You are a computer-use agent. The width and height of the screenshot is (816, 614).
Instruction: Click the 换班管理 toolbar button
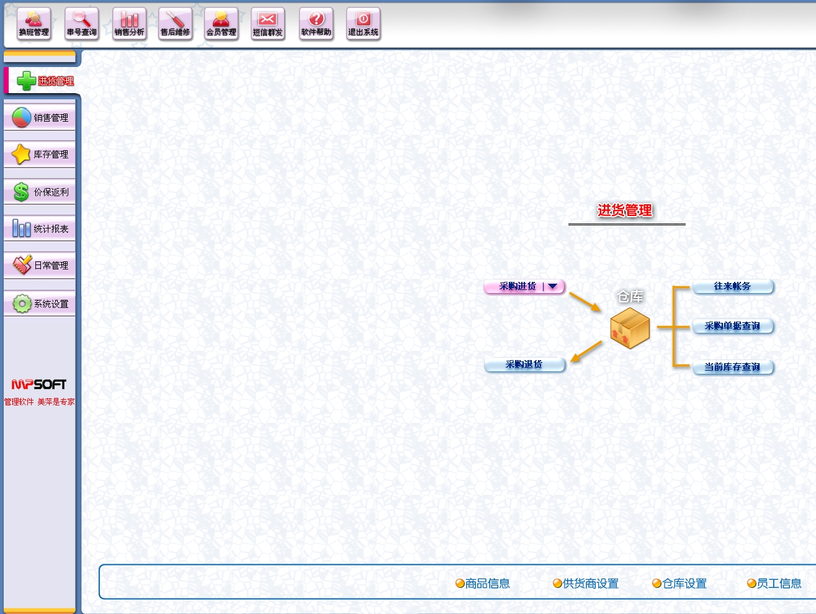click(34, 24)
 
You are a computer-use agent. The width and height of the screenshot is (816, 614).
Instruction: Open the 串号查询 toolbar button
click(82, 24)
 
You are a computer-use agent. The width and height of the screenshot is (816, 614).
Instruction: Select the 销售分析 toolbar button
click(129, 24)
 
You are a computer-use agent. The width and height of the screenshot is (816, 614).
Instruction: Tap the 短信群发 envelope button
click(267, 24)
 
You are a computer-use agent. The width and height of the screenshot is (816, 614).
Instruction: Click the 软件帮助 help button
click(316, 24)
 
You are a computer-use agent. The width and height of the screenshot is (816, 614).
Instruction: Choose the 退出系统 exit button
click(363, 24)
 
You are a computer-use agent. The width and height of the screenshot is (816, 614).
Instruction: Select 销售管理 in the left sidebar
click(40, 117)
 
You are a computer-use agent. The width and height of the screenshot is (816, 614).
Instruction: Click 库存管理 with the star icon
click(40, 154)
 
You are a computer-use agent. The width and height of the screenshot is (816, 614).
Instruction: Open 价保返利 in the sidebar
click(40, 192)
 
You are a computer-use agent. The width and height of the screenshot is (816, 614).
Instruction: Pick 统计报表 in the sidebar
click(40, 228)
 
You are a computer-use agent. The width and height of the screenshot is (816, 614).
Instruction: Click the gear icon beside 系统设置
click(22, 304)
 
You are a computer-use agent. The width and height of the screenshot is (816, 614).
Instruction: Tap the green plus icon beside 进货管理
click(26, 81)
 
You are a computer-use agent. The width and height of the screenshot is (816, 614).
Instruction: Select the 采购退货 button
click(524, 364)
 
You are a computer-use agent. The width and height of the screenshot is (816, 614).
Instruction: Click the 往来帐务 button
click(732, 286)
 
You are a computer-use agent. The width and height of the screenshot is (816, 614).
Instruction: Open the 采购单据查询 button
click(732, 326)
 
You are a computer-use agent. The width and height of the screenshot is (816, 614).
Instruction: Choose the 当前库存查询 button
click(732, 367)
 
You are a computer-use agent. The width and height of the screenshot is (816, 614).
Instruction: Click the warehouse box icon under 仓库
click(630, 328)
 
